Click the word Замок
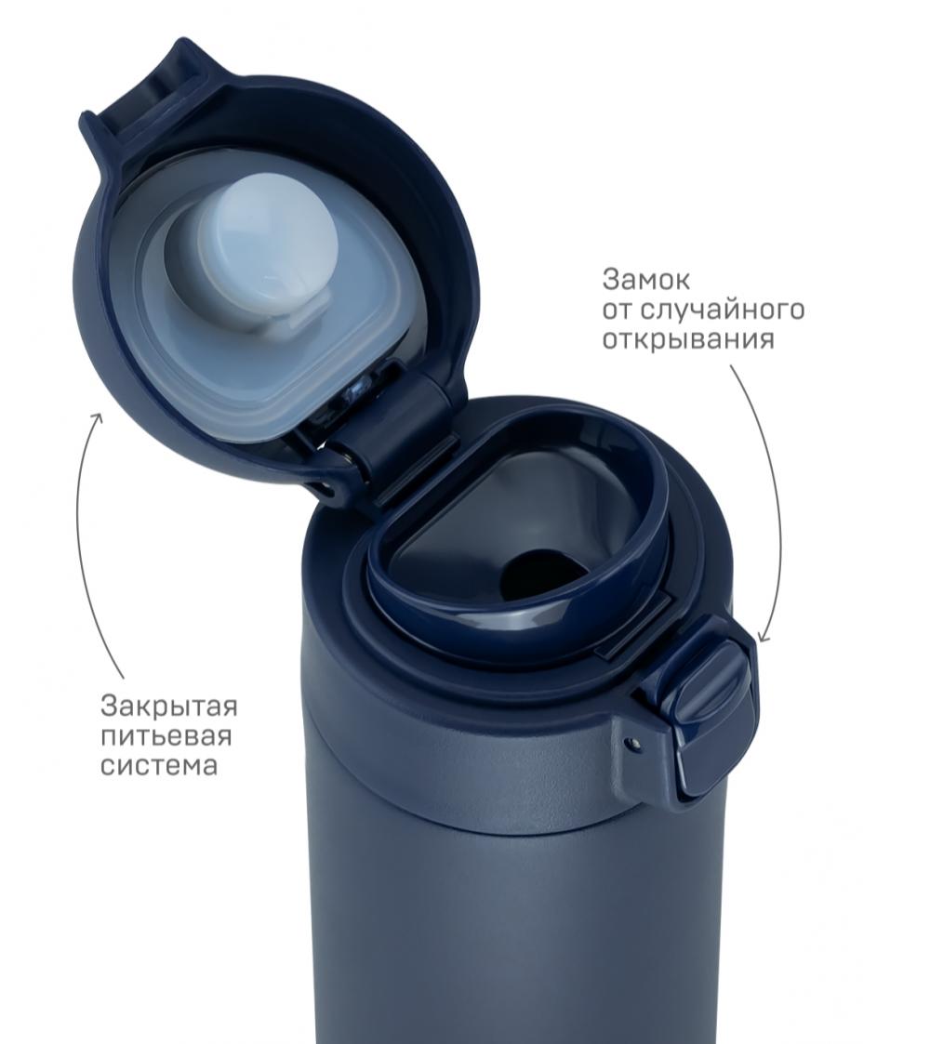pyautogui.click(x=645, y=281)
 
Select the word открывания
pyautogui.click(x=689, y=340)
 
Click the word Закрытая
pyautogui.click(x=169, y=706)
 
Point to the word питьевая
pyautogui.click(x=166, y=735)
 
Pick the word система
pyautogui.click(x=159, y=766)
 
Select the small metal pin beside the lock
pyautogui.click(x=632, y=741)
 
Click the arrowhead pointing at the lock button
pyautogui.click(x=764, y=635)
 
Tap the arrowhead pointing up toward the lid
pyautogui.click(x=98, y=419)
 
